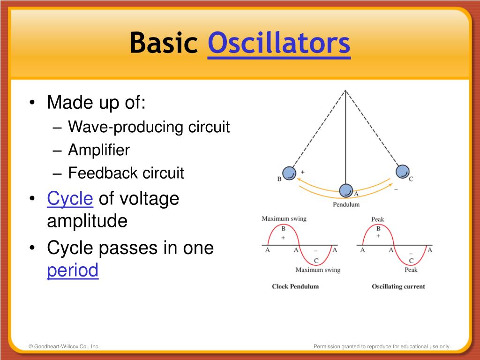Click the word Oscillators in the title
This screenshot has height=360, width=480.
coord(279,43)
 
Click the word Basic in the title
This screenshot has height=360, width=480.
coord(164,43)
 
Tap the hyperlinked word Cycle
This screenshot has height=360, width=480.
coord(70,199)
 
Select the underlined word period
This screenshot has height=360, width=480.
coord(73,270)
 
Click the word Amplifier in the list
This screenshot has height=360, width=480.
coord(99,150)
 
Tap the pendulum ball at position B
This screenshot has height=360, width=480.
coord(289,173)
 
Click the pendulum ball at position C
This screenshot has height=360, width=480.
coord(403,172)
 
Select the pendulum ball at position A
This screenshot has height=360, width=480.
coord(346,190)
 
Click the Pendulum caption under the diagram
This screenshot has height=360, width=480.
coord(346,204)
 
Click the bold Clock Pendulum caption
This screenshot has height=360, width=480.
coord(295,286)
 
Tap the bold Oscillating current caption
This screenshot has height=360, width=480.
coord(398,286)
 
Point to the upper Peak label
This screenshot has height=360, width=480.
coord(377,219)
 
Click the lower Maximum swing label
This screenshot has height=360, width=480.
coord(318,270)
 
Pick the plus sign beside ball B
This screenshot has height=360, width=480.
coord(302,172)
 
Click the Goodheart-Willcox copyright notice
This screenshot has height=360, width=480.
coord(64,346)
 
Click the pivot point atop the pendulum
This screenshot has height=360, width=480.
coord(345,90)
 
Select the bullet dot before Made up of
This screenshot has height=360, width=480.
coord(32,103)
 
